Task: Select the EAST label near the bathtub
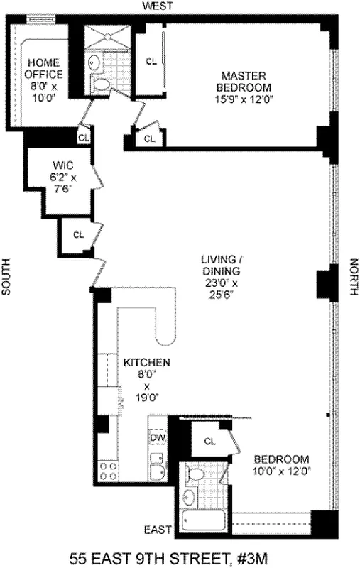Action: tap(158, 530)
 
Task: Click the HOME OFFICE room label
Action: tap(44, 69)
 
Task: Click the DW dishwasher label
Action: tap(158, 437)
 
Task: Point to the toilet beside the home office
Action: tap(102, 84)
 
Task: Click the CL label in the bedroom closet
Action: tap(209, 441)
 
